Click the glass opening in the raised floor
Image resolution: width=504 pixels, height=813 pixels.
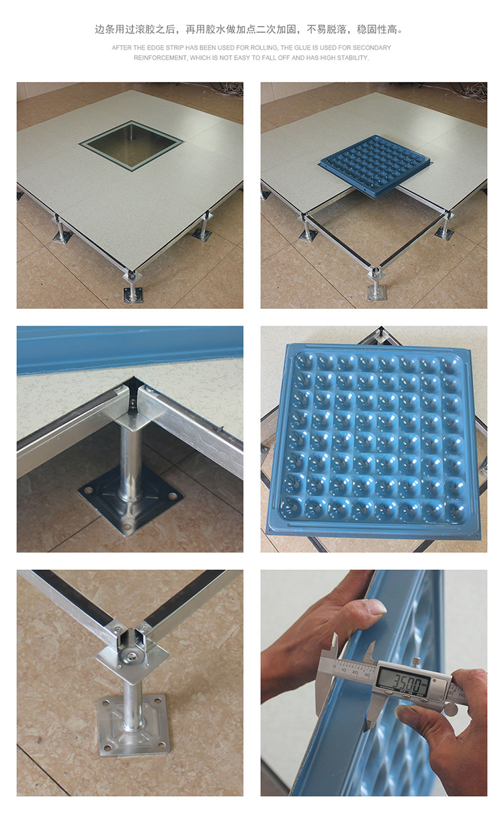coord(131,145)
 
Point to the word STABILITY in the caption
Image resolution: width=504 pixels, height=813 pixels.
coord(353,58)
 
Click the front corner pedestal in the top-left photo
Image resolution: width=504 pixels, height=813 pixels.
coord(132,286)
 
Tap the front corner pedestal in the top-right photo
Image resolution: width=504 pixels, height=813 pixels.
coord(376,285)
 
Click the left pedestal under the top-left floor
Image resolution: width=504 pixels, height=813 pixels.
coord(61,229)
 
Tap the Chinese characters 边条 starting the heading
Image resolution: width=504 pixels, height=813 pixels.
coord(105,29)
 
